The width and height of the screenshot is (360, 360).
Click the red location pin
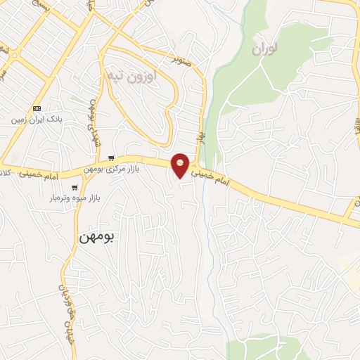pyautogui.click(x=181, y=166)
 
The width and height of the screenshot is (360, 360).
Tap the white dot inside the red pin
pyautogui.click(x=181, y=163)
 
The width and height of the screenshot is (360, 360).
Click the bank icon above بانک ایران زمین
pyautogui.click(x=37, y=109)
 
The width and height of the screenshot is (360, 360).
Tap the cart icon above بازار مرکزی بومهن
pyautogui.click(x=111, y=157)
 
